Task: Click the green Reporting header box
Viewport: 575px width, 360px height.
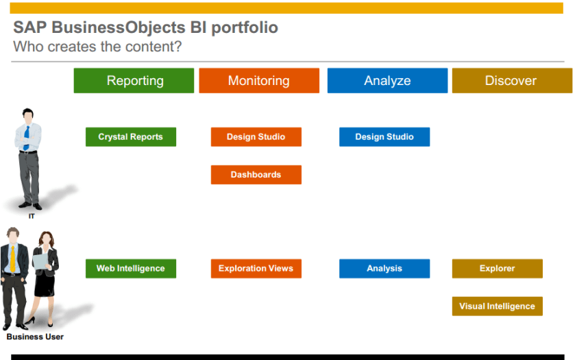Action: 134,80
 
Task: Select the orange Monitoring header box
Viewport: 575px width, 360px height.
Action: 259,80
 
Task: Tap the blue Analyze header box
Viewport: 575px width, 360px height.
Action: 388,80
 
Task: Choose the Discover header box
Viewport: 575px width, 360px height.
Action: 513,80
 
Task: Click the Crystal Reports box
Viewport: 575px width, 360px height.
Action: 131,137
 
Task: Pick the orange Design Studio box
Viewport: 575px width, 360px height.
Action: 256,137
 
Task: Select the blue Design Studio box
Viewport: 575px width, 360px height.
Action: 384,137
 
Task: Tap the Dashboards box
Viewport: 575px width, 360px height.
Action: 256,175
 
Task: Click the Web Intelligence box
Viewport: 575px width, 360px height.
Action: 131,269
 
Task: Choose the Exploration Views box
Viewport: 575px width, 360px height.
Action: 256,269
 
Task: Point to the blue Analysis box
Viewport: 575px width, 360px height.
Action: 384,269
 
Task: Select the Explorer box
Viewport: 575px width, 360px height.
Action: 498,269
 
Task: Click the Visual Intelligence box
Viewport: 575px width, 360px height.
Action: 498,307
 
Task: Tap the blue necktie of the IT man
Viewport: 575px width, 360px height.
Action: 27,138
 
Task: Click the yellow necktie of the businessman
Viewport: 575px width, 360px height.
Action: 13,259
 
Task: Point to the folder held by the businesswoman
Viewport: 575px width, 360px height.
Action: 40,261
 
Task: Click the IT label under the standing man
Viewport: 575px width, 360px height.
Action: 32,216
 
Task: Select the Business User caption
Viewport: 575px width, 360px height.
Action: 35,337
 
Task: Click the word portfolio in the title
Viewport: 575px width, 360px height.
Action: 245,28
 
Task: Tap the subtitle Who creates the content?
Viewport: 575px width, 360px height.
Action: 97,47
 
